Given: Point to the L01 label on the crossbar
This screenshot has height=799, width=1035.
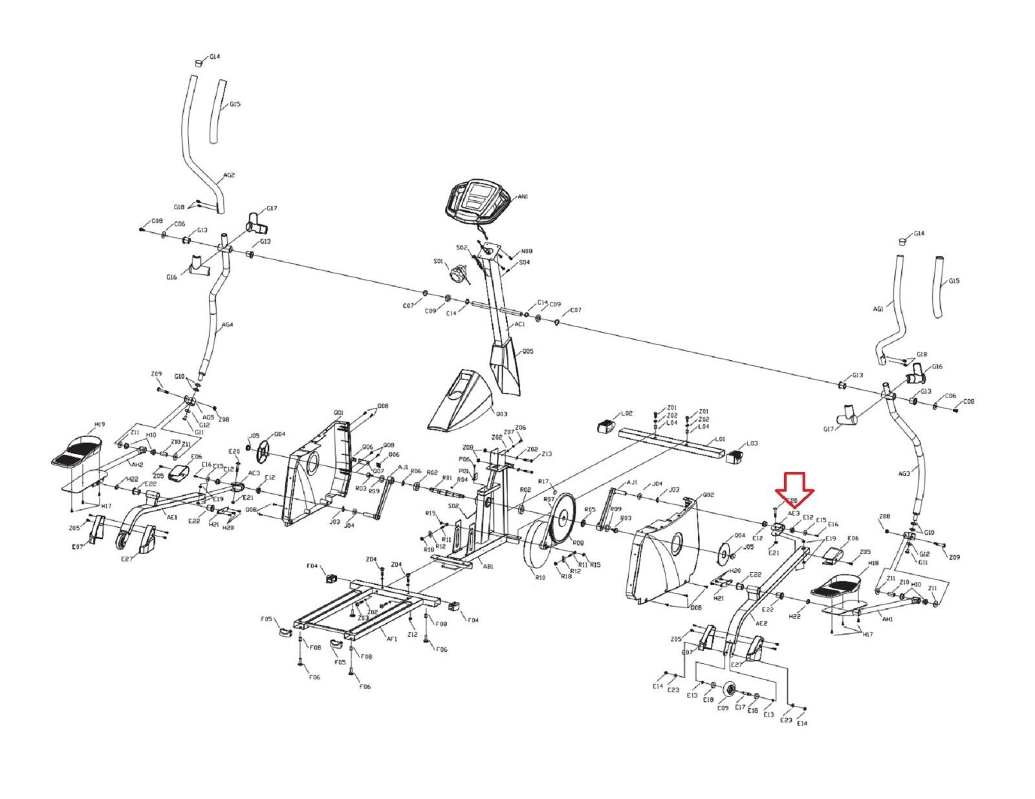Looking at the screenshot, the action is pos(720,439).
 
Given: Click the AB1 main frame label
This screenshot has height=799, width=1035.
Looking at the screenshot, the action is pos(488,566).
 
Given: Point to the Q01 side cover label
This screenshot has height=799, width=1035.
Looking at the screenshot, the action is pos(338,412).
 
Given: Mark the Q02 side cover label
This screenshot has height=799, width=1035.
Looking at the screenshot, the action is pos(690,495).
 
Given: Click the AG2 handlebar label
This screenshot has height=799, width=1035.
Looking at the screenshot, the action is pos(229,175).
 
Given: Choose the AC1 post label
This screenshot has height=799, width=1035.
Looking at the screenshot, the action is pos(520,325).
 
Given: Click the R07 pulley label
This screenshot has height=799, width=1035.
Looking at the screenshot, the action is pos(549,500).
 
